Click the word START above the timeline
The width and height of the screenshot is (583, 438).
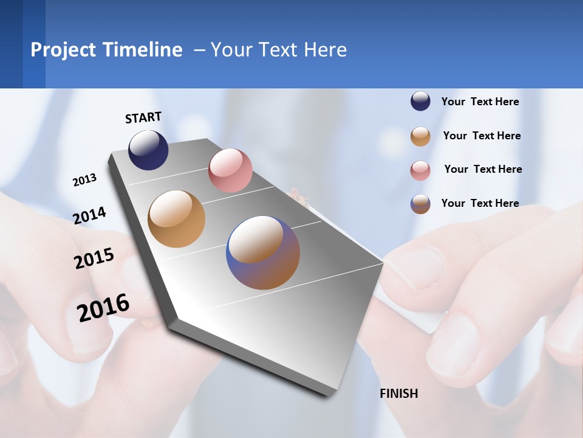[143, 117]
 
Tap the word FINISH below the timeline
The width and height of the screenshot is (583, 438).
[399, 394]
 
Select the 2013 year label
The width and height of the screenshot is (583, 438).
[84, 180]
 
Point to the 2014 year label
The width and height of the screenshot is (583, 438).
[89, 215]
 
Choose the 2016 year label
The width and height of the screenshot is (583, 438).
[103, 308]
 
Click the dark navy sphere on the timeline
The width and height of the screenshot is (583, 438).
[148, 150]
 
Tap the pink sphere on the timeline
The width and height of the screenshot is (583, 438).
[230, 170]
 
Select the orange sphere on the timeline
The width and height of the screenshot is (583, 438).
[177, 219]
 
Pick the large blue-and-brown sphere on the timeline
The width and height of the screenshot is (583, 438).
[263, 252]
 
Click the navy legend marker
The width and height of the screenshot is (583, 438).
[420, 102]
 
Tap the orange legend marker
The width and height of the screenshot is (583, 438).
[420, 136]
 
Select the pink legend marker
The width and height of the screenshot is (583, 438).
[420, 170]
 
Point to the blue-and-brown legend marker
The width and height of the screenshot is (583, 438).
[420, 204]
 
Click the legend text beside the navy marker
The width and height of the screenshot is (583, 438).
[480, 102]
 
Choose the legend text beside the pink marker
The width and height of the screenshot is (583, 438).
[483, 169]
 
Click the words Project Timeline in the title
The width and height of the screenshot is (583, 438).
[106, 50]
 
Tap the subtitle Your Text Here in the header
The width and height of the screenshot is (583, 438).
[279, 50]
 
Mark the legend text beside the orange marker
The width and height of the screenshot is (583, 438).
[482, 136]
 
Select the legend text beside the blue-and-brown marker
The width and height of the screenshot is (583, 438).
[480, 203]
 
